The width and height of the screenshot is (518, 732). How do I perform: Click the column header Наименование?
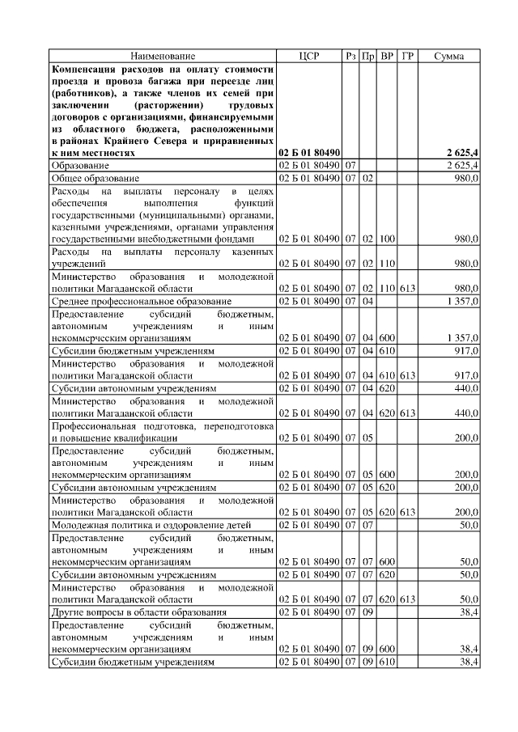click(163, 56)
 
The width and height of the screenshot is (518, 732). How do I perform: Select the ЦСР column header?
click(309, 56)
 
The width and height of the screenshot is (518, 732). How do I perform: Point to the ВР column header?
click(387, 56)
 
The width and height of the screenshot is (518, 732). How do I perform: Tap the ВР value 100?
click(387, 239)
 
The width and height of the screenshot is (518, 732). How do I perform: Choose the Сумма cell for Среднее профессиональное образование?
click(462, 301)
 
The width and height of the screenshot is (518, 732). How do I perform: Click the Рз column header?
click(350, 56)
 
